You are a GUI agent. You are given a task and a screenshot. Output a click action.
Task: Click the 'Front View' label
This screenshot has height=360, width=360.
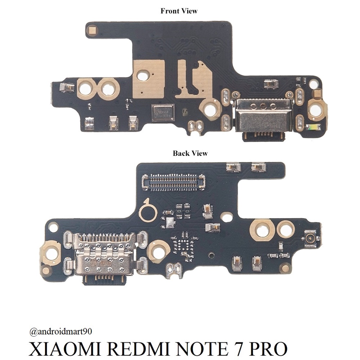pos(179,11)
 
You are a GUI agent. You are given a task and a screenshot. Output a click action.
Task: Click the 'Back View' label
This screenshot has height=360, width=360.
pos(190,153)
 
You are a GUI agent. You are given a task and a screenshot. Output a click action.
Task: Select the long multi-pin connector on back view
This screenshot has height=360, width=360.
pos(174,181)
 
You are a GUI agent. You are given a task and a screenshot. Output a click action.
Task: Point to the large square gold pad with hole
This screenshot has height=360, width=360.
pos(149,78)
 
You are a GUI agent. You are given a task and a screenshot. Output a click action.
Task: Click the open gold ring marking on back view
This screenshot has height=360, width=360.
pos(148,211)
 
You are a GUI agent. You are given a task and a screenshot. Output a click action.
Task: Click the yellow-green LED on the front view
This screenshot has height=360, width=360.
pos(313,127)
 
